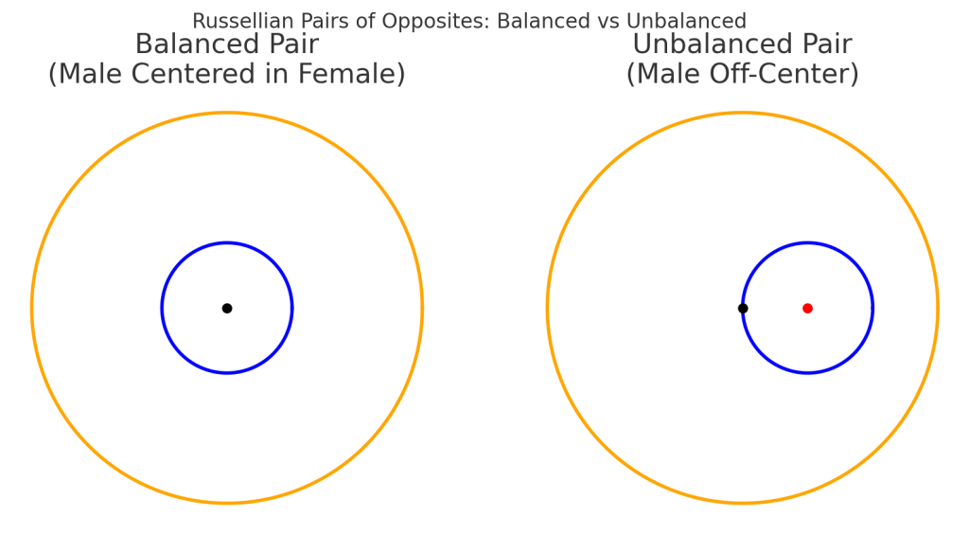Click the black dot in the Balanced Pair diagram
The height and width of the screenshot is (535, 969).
(x=227, y=308)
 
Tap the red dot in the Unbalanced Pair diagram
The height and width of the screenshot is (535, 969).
(x=807, y=308)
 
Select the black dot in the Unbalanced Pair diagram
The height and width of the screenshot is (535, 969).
(x=743, y=308)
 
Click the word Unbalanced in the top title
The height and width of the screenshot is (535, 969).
(x=687, y=21)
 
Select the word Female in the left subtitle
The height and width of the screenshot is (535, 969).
(x=351, y=74)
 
